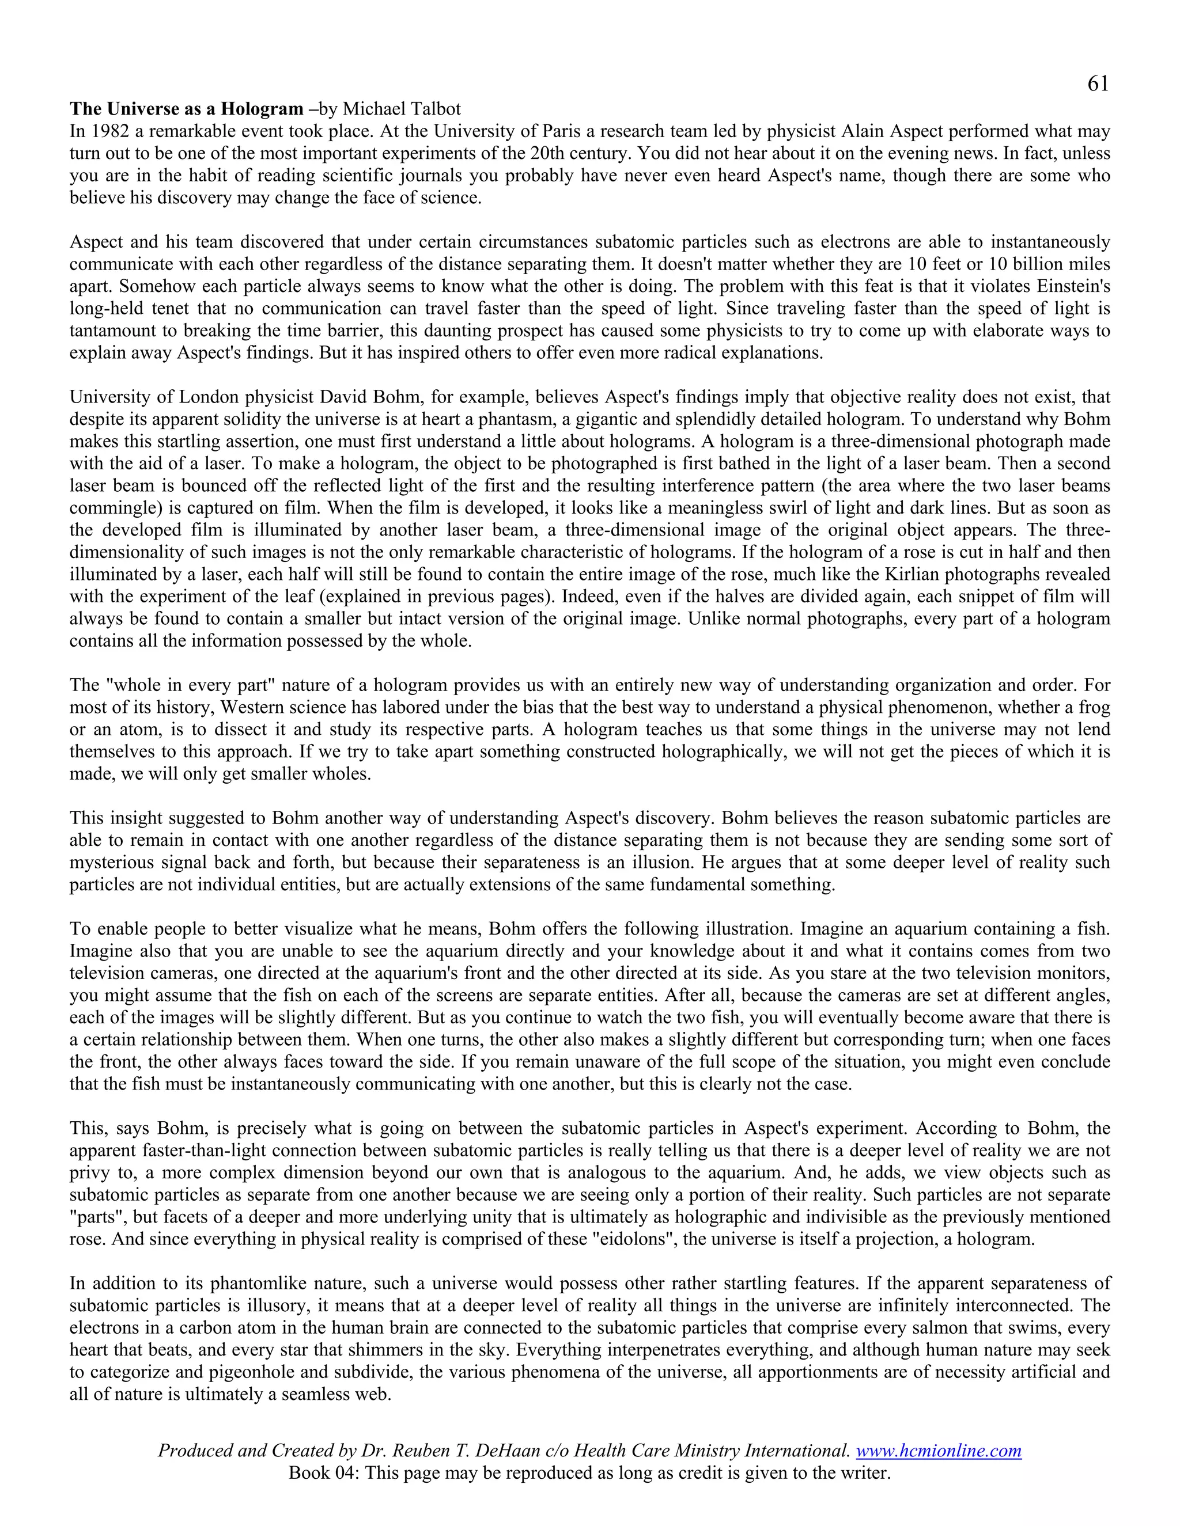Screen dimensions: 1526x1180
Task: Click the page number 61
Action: coord(1098,85)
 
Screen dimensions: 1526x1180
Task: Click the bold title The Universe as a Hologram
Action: coord(186,109)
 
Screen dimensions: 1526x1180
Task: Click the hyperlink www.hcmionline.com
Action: coord(938,1451)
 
